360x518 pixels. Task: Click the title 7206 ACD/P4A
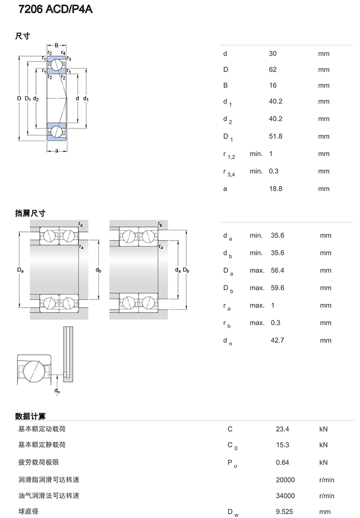click(56, 9)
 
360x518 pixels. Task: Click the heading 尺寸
click(23, 36)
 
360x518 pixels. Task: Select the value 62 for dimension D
click(273, 70)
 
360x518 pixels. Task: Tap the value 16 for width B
click(273, 85)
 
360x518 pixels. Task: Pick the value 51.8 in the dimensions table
click(276, 136)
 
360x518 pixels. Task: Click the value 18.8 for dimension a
click(276, 189)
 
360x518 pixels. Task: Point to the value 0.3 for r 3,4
click(274, 171)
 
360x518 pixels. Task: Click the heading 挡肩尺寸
click(30, 214)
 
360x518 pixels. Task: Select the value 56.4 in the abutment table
click(277, 271)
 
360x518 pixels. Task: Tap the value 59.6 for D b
click(277, 288)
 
